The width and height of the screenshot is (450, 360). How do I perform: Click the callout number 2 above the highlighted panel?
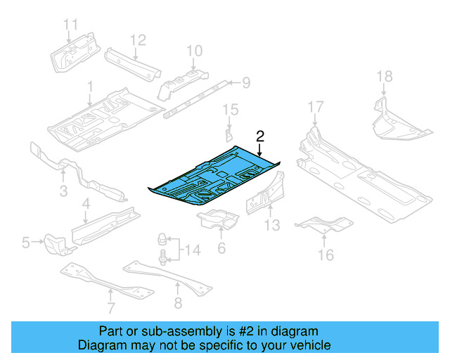pyautogui.click(x=260, y=136)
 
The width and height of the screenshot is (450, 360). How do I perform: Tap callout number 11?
pyautogui.click(x=70, y=25)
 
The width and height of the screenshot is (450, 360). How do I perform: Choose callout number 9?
pyautogui.click(x=245, y=84)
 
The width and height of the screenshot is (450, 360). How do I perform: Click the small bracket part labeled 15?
pyautogui.click(x=229, y=134)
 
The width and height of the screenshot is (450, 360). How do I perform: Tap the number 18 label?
pyautogui.click(x=383, y=77)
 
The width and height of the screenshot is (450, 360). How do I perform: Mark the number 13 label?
pyautogui.click(x=272, y=225)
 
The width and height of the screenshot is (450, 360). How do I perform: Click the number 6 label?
pyautogui.click(x=221, y=247)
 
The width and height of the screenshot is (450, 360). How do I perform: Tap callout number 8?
pyautogui.click(x=177, y=303)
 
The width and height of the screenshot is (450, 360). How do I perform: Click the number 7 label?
pyautogui.click(x=110, y=307)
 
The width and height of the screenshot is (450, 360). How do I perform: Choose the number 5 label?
pyautogui.click(x=26, y=243)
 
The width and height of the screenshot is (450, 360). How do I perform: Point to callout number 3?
pyautogui.click(x=63, y=191)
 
